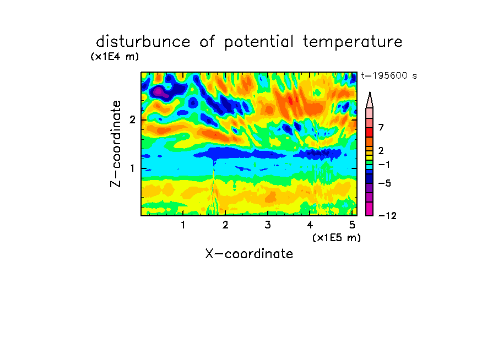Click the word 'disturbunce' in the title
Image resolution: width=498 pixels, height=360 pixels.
point(143,41)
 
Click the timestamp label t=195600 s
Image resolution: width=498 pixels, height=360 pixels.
point(389,75)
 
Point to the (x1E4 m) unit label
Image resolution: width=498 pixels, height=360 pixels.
point(115,57)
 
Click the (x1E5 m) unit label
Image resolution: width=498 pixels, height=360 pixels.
point(337,237)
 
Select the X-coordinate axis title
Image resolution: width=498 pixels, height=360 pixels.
point(249,254)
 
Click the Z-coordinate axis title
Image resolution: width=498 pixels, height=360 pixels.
point(116,144)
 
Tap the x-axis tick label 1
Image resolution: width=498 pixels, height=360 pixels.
point(183,225)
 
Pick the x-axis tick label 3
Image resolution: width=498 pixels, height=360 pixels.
point(268,225)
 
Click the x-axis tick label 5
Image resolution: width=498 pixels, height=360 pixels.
point(352,225)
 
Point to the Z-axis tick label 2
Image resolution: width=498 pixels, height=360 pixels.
point(132,120)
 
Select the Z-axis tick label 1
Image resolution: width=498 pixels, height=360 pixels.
point(132,168)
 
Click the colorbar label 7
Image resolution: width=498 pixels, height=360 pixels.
point(381,127)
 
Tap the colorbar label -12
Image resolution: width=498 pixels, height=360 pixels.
point(387,216)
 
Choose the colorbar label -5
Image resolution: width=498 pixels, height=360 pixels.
point(385,183)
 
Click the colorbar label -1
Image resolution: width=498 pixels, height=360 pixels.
point(384,165)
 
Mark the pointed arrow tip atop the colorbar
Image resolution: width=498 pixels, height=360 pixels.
point(370,92)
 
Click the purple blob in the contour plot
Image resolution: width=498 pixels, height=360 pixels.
point(159,92)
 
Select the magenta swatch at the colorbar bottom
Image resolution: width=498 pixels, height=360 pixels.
point(370,209)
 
